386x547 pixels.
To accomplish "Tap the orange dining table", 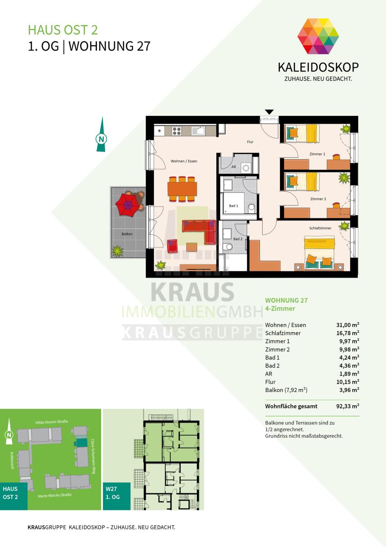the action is tap(182, 188).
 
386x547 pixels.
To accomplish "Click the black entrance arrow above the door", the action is tap(269, 112).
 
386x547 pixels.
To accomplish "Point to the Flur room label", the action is tap(250, 142).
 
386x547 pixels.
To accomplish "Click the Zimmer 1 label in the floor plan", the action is tap(317, 154).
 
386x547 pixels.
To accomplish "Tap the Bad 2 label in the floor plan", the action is tap(238, 239).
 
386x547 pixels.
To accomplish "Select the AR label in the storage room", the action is tap(234, 167).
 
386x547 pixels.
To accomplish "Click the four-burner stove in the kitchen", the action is tap(177, 131).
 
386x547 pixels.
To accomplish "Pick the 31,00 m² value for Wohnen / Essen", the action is tap(347, 325).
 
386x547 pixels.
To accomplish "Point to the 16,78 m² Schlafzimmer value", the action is tap(347, 333).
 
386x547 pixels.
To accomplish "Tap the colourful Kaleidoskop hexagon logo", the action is tap(318, 36).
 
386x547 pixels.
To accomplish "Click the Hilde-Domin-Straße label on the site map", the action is tap(52, 422).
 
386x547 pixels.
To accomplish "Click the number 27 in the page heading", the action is tap(144, 46).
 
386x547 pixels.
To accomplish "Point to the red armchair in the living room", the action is tap(173, 246).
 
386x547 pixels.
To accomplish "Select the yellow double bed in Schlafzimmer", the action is tap(319, 253).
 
